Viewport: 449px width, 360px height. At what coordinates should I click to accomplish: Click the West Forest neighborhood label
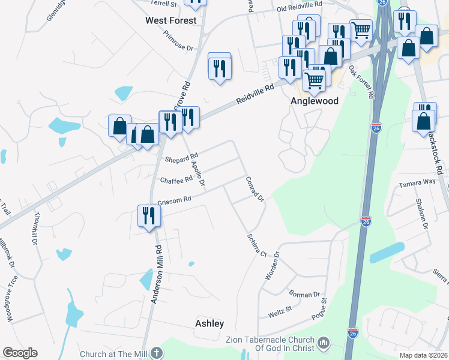coord(171,20)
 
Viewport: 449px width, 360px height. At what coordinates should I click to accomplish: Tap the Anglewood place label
coord(315,101)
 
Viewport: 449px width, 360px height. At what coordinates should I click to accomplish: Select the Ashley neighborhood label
coord(209,323)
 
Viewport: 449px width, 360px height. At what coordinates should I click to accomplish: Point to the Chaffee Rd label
coord(176,179)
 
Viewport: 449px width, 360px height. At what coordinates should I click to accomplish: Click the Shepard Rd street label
coord(181,160)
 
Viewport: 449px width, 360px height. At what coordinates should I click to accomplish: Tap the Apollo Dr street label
coord(198,172)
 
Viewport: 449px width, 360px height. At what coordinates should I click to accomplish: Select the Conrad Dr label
coord(255,189)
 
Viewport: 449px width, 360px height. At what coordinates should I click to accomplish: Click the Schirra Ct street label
coord(256,245)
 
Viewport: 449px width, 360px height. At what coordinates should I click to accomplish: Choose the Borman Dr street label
coord(304,295)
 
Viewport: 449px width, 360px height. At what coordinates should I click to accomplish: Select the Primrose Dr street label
coord(180,40)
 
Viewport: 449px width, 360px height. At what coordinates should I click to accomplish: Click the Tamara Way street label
coord(417,182)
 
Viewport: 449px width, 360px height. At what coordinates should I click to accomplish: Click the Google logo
coord(20,353)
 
